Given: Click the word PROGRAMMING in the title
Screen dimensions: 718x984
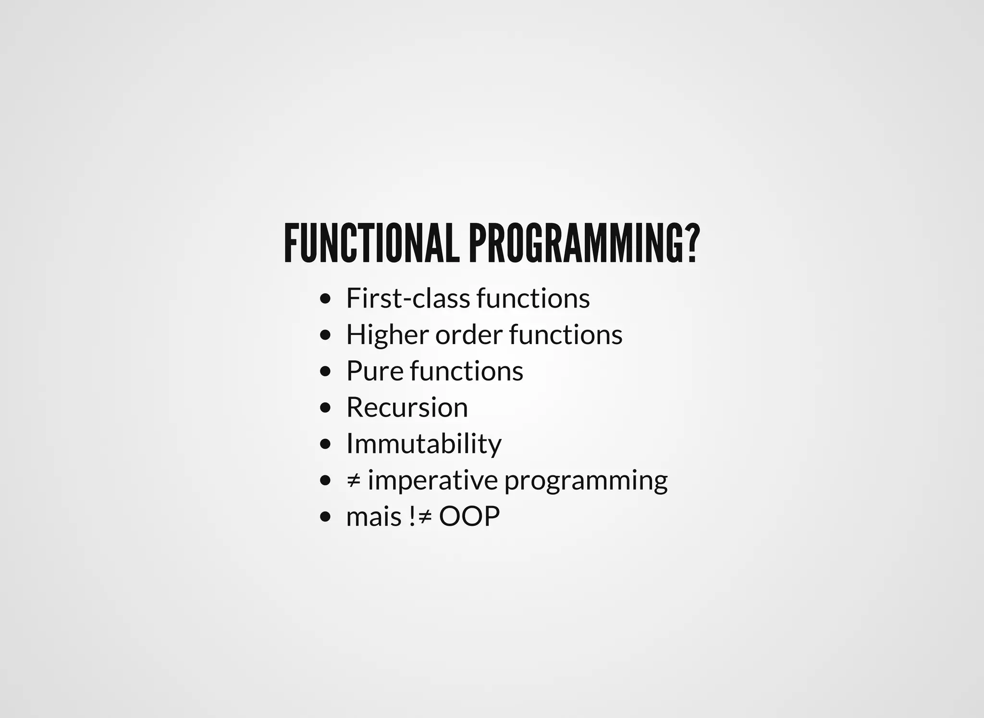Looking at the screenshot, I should pyautogui.click(x=576, y=244).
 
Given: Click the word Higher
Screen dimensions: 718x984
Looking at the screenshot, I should pyautogui.click(x=387, y=334).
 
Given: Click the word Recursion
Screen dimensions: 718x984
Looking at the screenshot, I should pyautogui.click(x=406, y=408).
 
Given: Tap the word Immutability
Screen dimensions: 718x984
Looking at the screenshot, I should pyautogui.click(x=423, y=444).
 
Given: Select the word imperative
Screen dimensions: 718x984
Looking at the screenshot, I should pyautogui.click(x=432, y=480).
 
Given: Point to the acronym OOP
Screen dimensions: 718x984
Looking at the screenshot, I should pyautogui.click(x=469, y=517).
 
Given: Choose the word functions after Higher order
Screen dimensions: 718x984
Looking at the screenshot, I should pyautogui.click(x=566, y=334).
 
